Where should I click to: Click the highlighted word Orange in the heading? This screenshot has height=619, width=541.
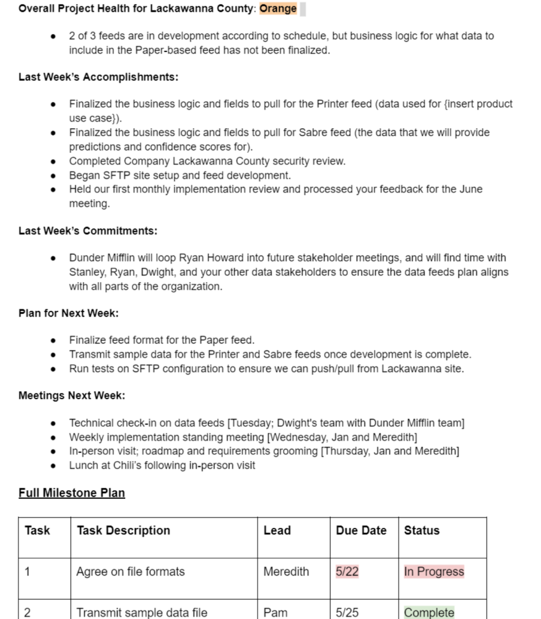[x=278, y=9]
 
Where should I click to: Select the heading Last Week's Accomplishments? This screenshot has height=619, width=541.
[x=98, y=77]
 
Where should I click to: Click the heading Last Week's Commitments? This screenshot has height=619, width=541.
[x=88, y=231]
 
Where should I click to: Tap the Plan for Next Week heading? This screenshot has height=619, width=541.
[x=68, y=313]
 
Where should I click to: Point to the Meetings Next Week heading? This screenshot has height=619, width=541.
[x=72, y=396]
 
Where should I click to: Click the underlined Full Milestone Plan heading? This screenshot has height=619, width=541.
[x=72, y=493]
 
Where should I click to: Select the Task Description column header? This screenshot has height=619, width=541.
[x=123, y=530]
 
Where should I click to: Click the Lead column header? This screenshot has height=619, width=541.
[x=277, y=530]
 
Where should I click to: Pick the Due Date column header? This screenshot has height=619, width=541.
[x=361, y=530]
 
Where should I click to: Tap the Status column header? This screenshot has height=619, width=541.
[x=422, y=530]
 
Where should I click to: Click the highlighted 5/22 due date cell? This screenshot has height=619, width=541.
[x=347, y=572]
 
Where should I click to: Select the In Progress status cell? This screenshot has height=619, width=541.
[x=434, y=572]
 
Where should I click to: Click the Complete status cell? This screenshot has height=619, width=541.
[x=429, y=612]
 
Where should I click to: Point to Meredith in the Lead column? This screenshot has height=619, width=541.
[x=286, y=572]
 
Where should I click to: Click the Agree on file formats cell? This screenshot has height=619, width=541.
[x=130, y=572]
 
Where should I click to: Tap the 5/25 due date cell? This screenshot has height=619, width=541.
[x=347, y=612]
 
